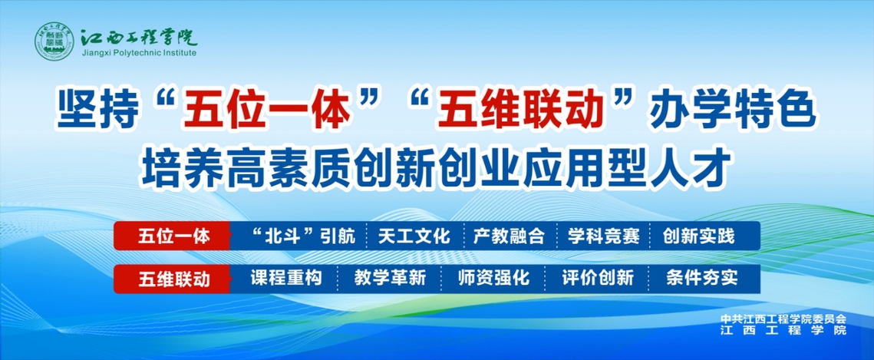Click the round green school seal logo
click(x=55, y=42)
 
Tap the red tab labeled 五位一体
click(x=172, y=236)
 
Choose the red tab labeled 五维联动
click(x=172, y=279)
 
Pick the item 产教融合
click(x=508, y=236)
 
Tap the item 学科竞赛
click(x=603, y=236)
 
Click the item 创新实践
click(x=698, y=236)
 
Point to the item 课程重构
click(x=286, y=278)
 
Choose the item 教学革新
click(x=390, y=278)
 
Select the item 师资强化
click(x=493, y=278)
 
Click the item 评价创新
click(x=598, y=278)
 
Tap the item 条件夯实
click(x=702, y=278)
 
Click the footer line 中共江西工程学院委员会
click(x=783, y=320)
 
